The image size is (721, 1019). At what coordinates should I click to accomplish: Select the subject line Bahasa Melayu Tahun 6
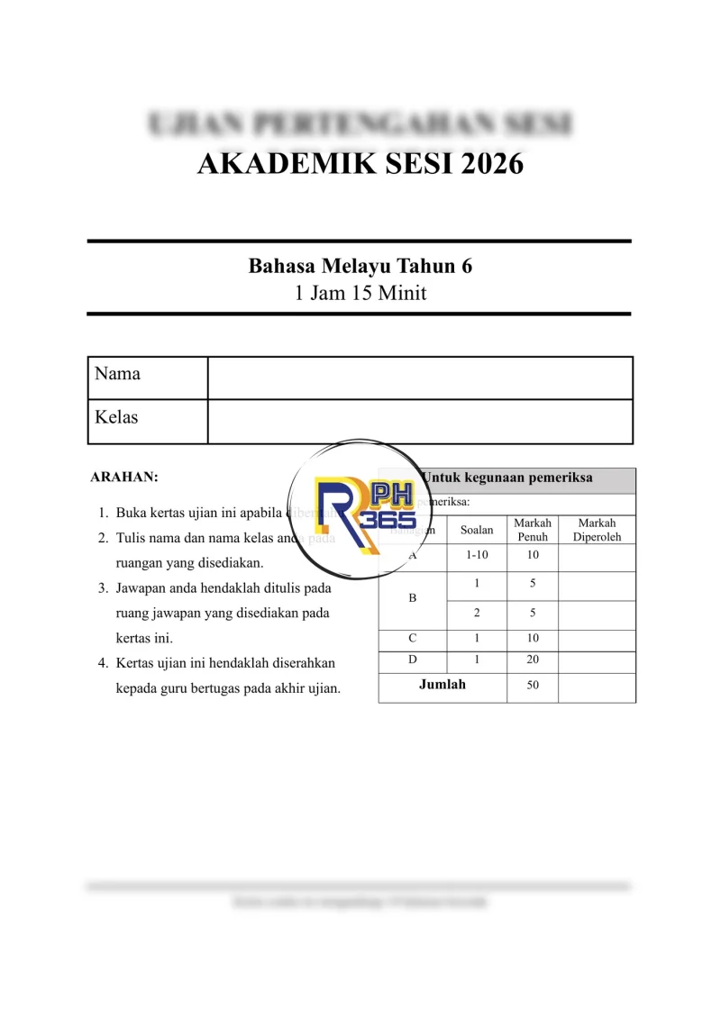pos(360,267)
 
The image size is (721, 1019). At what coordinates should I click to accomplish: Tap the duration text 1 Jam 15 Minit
pos(360,293)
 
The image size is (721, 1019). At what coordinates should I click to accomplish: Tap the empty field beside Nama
pos(420,378)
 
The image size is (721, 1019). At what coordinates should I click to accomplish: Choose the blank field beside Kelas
pos(420,422)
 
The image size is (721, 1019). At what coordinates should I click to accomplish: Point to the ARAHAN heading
pos(124,477)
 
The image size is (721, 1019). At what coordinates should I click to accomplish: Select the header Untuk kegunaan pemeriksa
pos(507,478)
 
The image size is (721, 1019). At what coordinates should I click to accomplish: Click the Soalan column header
pos(477,530)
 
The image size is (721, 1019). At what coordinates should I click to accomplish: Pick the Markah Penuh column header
pos(533,530)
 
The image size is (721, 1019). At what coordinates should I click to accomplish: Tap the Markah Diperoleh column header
pos(597,530)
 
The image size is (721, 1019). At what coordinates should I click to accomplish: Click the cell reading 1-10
pos(477,556)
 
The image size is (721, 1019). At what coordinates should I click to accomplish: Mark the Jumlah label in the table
pos(443,685)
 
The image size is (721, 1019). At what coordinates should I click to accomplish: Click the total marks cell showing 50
pos(533,686)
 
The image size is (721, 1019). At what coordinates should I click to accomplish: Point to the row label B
pos(413,597)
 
